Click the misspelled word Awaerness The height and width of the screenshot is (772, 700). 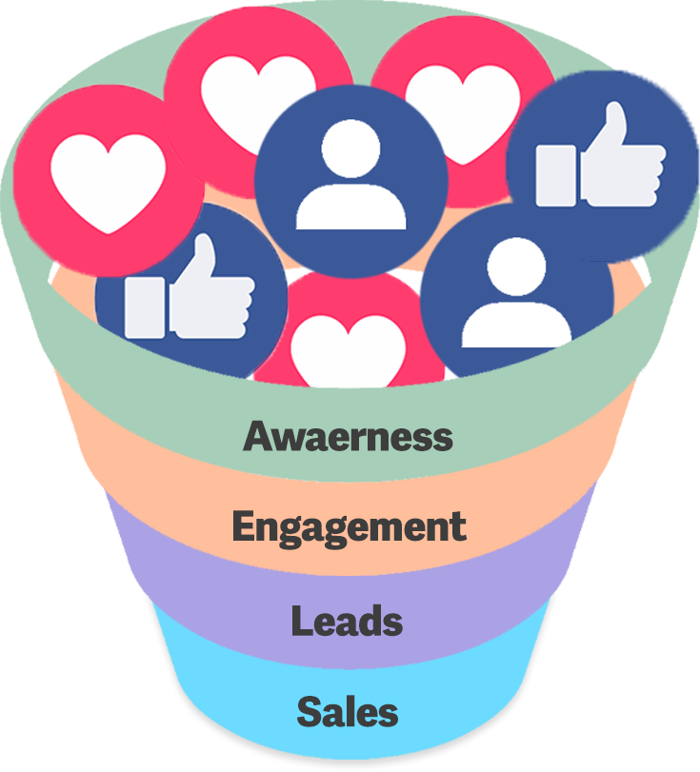click(348, 436)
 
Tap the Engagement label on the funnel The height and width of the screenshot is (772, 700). click(349, 526)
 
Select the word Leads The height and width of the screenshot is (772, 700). click(347, 621)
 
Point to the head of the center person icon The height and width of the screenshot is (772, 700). click(350, 148)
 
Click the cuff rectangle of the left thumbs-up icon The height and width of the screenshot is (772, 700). click(145, 307)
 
